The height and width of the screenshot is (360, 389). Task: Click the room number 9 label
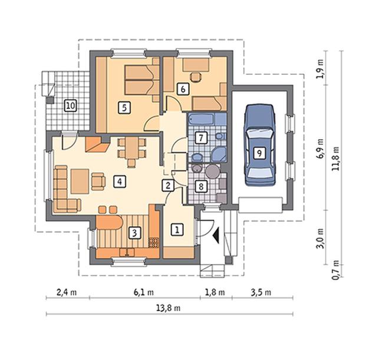pyautogui.click(x=259, y=153)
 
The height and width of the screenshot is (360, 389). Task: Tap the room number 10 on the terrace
pyautogui.click(x=70, y=105)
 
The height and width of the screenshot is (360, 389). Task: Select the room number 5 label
pyautogui.click(x=124, y=108)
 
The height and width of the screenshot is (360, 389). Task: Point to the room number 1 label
pyautogui.click(x=177, y=230)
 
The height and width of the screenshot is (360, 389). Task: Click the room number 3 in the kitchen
pyautogui.click(x=134, y=233)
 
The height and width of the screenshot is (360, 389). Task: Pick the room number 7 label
pyautogui.click(x=201, y=138)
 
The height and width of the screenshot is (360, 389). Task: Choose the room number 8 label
pyautogui.click(x=201, y=186)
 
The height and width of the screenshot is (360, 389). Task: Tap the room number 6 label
pyautogui.click(x=183, y=89)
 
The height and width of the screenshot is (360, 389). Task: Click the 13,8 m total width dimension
pyautogui.click(x=168, y=308)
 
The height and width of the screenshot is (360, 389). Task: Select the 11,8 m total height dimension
pyautogui.click(x=336, y=158)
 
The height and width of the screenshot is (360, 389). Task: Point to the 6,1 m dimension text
pyautogui.click(x=144, y=292)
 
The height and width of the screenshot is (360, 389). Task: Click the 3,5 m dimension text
pyautogui.click(x=261, y=292)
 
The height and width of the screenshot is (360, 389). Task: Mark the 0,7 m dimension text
pyautogui.click(x=335, y=270)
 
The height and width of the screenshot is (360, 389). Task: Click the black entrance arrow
pyautogui.click(x=216, y=235)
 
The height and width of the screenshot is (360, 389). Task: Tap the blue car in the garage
pyautogui.click(x=260, y=145)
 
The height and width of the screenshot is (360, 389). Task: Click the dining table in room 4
pyautogui.click(x=132, y=148)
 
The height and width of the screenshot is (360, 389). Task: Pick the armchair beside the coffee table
pyautogui.click(x=98, y=181)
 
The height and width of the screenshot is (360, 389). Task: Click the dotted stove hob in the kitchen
pyautogui.click(x=154, y=242)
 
